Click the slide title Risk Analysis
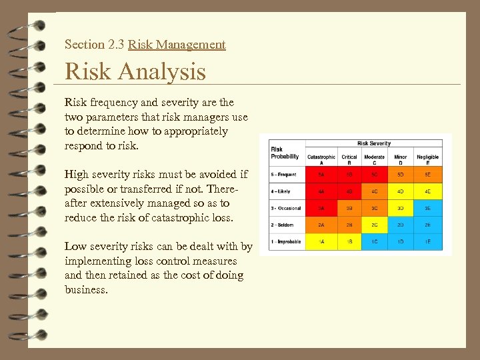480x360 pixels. (x=135, y=71)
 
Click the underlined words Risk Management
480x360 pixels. (x=177, y=45)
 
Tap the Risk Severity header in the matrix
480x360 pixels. (x=374, y=143)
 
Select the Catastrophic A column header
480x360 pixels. (x=321, y=159)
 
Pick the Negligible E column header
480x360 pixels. (x=427, y=159)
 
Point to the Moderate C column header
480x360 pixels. (x=374, y=159)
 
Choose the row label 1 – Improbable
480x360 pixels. (x=286, y=242)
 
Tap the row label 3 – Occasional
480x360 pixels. (x=286, y=208)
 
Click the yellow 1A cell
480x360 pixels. (x=321, y=242)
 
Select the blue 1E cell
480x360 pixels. (x=427, y=242)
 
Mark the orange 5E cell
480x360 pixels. (x=427, y=174)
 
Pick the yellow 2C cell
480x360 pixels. (x=374, y=225)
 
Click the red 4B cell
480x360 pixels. (x=349, y=191)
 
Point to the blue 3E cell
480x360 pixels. (x=427, y=208)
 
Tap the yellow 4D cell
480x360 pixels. (x=400, y=191)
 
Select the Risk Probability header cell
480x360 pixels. (x=285, y=153)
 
